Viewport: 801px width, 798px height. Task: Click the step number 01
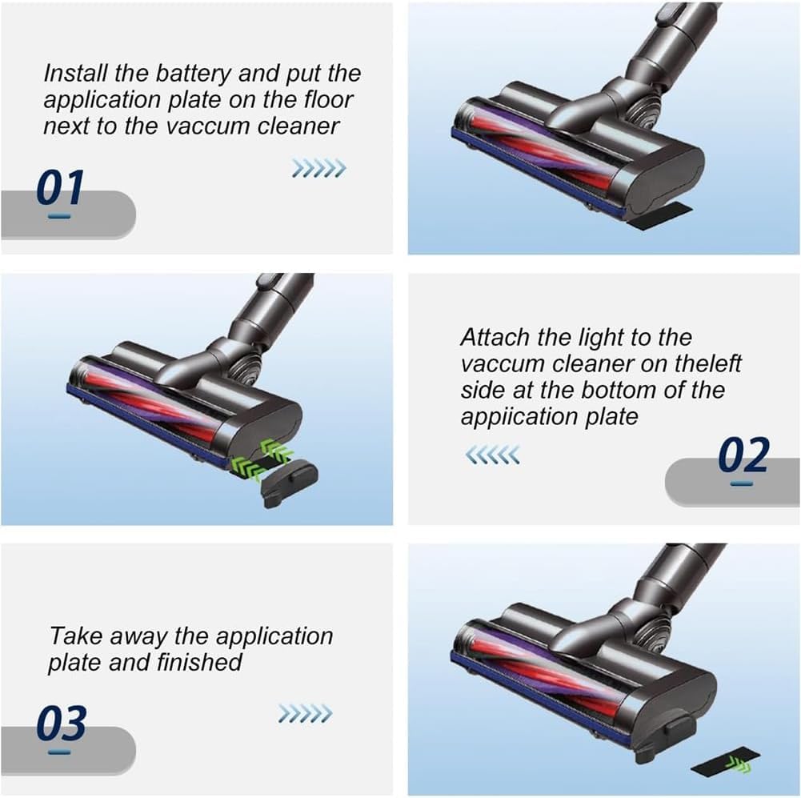60,187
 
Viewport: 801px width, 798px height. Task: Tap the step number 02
743,455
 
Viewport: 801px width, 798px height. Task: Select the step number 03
62,723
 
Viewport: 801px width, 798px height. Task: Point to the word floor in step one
328,99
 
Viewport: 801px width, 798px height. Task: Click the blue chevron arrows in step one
318,168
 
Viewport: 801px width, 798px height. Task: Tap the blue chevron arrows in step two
492,454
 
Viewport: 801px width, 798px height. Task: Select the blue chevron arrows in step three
305,714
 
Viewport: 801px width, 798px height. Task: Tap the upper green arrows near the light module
276,450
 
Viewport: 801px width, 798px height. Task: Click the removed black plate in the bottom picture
725,763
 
